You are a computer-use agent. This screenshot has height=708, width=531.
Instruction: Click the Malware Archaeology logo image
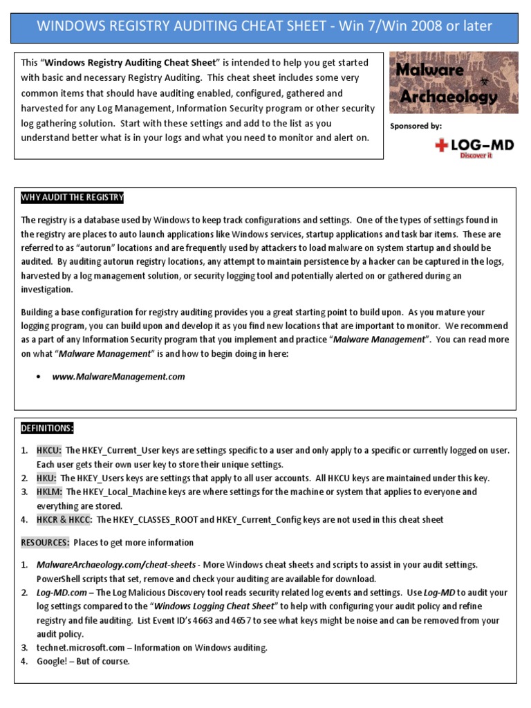[454, 83]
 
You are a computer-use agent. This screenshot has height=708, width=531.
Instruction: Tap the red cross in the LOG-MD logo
[440, 145]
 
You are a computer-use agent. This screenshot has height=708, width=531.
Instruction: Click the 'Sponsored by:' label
[416, 126]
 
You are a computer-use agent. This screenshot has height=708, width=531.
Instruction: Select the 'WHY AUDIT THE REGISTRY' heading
[72, 198]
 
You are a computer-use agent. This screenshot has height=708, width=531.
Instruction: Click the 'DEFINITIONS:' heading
[47, 429]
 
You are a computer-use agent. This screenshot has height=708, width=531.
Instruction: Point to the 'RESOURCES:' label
[45, 542]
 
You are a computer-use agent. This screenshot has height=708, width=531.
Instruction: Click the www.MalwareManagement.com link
[118, 377]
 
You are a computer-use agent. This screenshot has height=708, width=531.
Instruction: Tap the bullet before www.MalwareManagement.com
[39, 378]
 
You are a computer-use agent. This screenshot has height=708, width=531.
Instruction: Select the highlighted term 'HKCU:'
[49, 450]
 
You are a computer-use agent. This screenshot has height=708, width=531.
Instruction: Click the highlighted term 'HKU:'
[46, 478]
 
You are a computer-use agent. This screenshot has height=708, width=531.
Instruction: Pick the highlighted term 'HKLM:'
[49, 492]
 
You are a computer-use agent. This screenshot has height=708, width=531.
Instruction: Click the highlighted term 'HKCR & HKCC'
[64, 519]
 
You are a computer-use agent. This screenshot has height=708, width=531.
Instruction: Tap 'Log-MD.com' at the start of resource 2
[62, 593]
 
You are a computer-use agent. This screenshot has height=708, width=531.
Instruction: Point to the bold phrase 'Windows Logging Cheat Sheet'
[214, 606]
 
